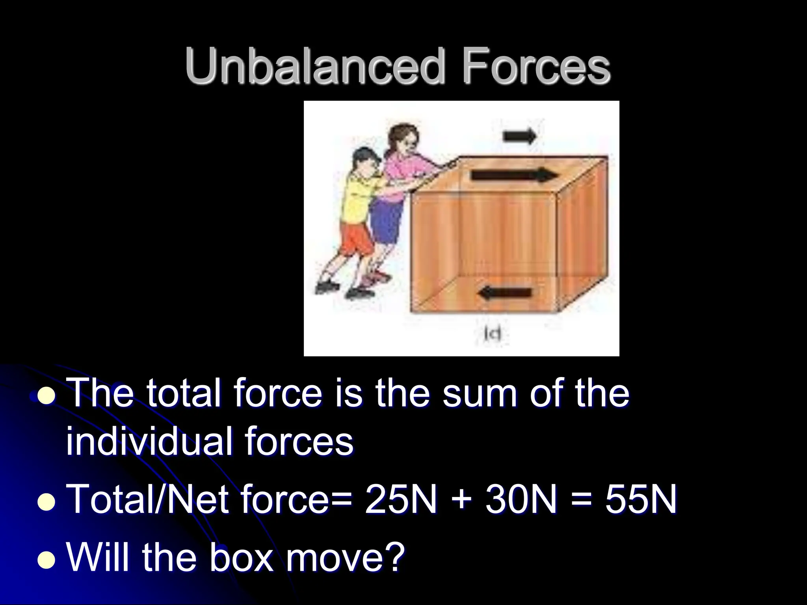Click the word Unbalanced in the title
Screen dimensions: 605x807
click(313, 66)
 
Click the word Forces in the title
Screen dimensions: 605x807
click(536, 66)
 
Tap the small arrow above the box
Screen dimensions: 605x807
click(520, 136)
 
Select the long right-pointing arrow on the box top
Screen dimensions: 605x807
click(514, 175)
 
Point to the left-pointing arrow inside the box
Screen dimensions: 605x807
click(505, 293)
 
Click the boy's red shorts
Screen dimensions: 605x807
click(357, 240)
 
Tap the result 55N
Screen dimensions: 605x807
click(641, 499)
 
